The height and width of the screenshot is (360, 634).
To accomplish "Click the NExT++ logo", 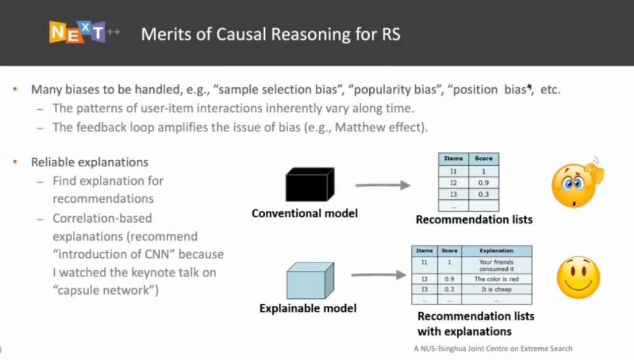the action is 85,32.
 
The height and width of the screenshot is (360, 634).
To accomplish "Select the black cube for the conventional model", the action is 310,184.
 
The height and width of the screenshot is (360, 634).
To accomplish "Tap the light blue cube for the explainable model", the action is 310,280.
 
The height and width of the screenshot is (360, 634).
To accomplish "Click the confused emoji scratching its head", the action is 578,183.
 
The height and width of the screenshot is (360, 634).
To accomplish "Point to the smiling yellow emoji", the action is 578,277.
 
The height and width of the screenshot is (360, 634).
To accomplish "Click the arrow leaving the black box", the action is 383,185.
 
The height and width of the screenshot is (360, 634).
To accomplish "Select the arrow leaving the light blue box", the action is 379,275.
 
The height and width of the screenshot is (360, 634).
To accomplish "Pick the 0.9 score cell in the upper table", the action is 484,183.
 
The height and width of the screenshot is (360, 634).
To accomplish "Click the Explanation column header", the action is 497,251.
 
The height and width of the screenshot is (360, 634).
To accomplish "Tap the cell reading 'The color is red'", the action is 497,279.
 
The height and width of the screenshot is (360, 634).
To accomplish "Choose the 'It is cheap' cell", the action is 497,289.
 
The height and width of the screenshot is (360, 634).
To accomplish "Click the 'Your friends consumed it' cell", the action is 497,265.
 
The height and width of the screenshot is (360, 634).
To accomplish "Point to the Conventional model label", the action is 305,213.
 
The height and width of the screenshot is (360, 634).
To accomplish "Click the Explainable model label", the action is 308,308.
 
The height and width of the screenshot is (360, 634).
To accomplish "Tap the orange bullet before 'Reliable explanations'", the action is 15,162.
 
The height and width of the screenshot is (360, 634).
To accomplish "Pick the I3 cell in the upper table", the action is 453,194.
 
